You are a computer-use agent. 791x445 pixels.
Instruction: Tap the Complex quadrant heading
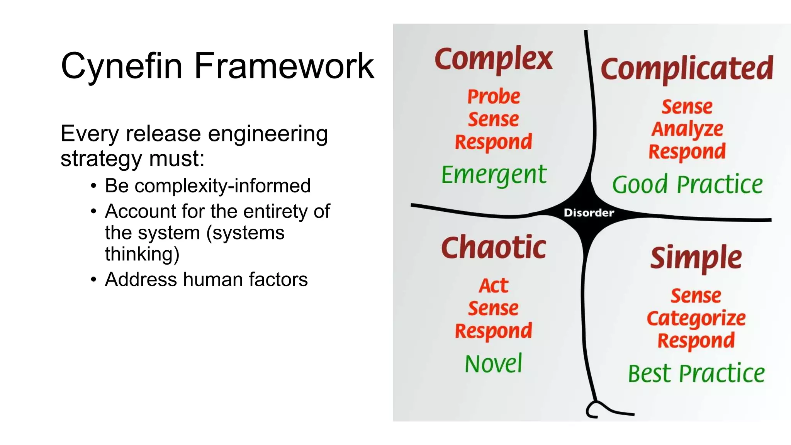(494, 59)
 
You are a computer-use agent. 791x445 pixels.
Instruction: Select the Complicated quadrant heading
(687, 69)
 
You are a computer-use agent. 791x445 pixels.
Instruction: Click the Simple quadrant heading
(696, 258)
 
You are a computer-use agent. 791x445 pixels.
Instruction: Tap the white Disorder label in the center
(589, 213)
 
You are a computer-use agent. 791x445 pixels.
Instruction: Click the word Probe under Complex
(494, 97)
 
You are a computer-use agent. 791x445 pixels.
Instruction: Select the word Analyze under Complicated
(687, 129)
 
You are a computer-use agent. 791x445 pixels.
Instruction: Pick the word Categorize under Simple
(696, 319)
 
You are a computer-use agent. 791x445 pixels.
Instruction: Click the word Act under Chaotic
(494, 286)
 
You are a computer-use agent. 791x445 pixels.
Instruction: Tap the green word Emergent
(494, 175)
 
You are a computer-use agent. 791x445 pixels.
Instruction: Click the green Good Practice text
(687, 184)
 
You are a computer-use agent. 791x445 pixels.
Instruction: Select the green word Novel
(494, 364)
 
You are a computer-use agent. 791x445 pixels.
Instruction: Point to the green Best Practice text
(696, 374)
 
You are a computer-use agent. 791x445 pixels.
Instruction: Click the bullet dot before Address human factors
(93, 280)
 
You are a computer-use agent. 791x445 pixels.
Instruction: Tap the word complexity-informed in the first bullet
(222, 186)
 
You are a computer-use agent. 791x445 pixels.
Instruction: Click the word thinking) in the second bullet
(142, 254)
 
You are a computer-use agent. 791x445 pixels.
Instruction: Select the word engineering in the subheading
(268, 134)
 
